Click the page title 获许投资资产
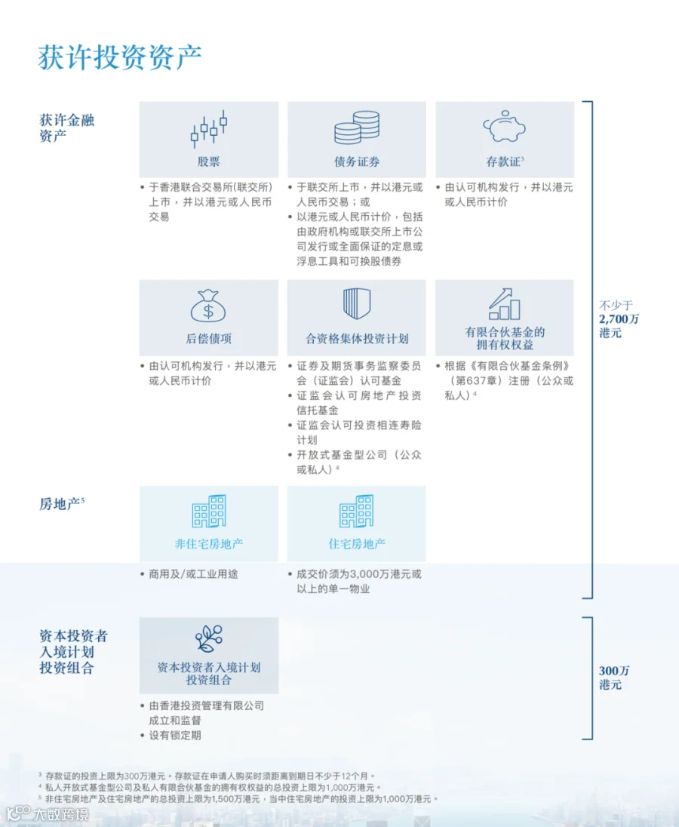pyautogui.click(x=120, y=57)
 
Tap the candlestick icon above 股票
pyautogui.click(x=209, y=129)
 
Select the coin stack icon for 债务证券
pyautogui.click(x=357, y=127)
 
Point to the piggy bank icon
pyautogui.click(x=505, y=126)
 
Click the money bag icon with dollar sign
pyautogui.click(x=208, y=306)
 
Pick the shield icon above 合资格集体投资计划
pyautogui.click(x=357, y=304)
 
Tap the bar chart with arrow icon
pyautogui.click(x=505, y=304)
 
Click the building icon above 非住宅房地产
pyautogui.click(x=209, y=511)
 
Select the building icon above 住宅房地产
pyautogui.click(x=356, y=511)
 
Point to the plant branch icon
pyautogui.click(x=209, y=638)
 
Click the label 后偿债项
pyautogui.click(x=209, y=339)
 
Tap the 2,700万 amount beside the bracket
pyautogui.click(x=619, y=319)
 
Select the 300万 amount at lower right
pyautogui.click(x=614, y=671)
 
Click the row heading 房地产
pyautogui.click(x=60, y=504)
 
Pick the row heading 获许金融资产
pyautogui.click(x=67, y=128)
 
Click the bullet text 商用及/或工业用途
pyautogui.click(x=193, y=573)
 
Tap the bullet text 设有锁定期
pyautogui.click(x=175, y=735)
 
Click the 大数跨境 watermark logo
pyautogui.click(x=48, y=814)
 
